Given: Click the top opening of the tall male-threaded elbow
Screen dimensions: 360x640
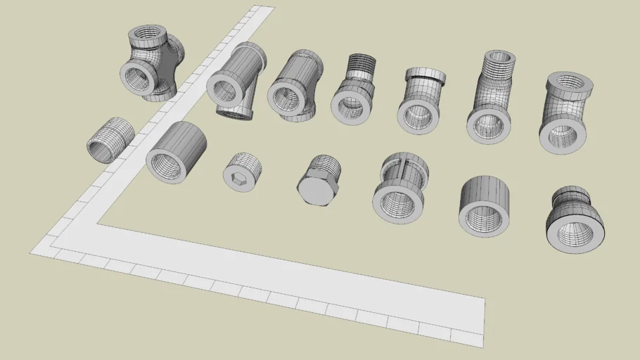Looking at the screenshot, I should point(500,56).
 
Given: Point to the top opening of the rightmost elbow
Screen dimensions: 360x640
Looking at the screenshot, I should point(569,82).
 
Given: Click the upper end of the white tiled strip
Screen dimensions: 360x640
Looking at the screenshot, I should point(262,11).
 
